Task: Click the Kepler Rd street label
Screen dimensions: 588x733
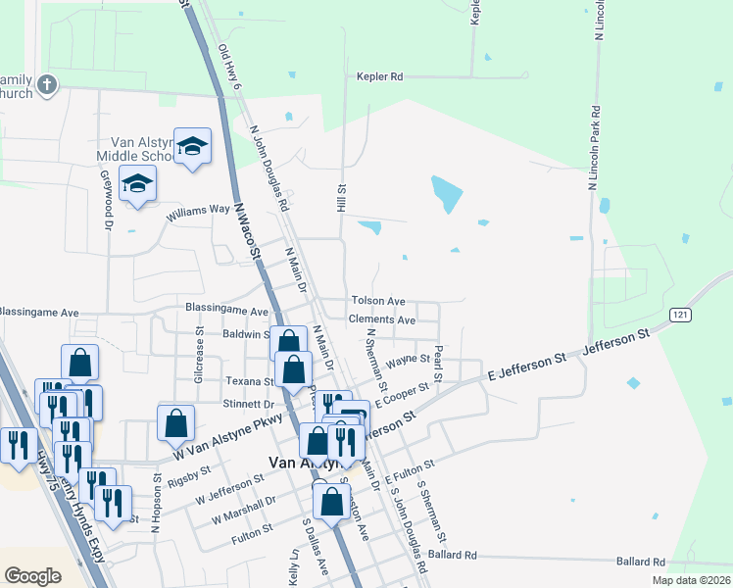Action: pos(380,76)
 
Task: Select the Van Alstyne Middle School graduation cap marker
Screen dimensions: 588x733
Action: pos(193,147)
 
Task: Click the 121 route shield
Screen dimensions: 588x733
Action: pos(680,314)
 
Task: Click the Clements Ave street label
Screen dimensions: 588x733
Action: pos(382,319)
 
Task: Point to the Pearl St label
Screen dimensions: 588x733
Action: pos(439,364)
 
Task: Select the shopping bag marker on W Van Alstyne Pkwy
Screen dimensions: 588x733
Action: pos(175,423)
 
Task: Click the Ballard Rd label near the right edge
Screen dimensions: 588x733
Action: pos(642,562)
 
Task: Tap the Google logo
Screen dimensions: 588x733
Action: pos(32,576)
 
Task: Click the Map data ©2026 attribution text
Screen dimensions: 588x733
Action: pos(692,580)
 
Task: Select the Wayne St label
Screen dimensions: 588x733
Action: pos(408,362)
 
